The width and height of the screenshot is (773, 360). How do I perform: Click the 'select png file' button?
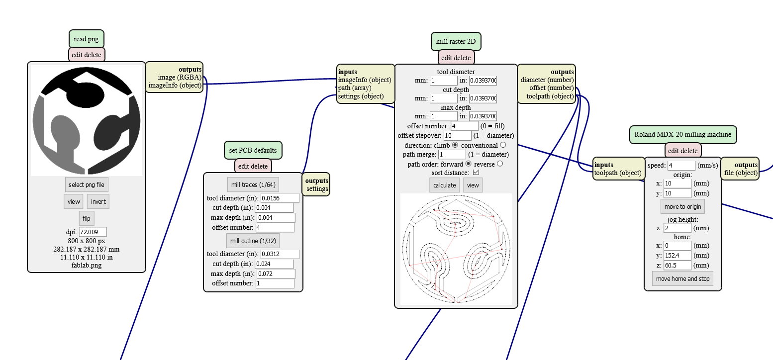(86, 184)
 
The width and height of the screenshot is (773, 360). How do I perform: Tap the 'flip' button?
(86, 218)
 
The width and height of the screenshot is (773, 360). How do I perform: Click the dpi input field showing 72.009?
(93, 232)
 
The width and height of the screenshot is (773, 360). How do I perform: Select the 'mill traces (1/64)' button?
(253, 184)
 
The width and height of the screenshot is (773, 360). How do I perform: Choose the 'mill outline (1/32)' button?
(253, 241)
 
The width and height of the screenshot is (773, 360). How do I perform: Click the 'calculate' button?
(445, 185)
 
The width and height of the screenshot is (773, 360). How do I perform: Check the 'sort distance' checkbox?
(476, 172)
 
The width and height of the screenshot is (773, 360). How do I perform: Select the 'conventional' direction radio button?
(503, 145)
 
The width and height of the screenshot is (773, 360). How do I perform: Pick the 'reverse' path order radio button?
(500, 164)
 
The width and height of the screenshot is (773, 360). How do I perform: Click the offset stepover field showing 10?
(457, 136)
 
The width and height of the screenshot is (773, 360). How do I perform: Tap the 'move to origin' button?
(682, 206)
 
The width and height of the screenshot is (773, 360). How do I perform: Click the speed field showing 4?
(681, 166)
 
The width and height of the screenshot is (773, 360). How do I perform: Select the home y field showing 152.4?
(677, 256)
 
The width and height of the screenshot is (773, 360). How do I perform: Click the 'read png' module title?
(86, 39)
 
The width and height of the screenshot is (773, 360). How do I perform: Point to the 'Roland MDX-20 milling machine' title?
(682, 134)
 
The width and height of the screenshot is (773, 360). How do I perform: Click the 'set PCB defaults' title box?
(253, 150)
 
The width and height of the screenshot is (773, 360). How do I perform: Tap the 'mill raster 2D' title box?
(456, 41)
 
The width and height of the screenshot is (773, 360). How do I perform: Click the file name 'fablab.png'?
(86, 265)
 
